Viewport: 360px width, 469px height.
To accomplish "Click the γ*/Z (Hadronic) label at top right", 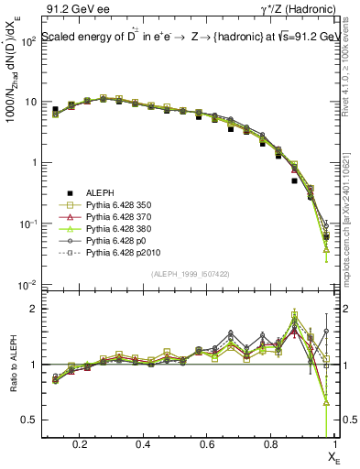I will pyautogui.click(x=300, y=10).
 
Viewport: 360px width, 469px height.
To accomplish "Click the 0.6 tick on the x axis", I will pyautogui.click(x=204, y=444).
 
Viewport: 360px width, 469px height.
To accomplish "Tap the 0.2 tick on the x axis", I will pyautogui.click(x=82, y=444).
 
